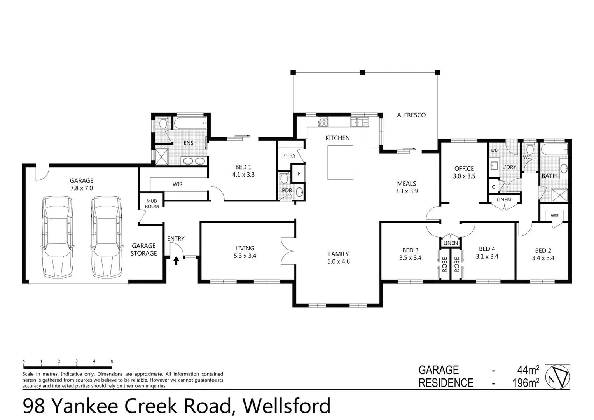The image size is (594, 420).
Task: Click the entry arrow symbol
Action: click(x=176, y=260)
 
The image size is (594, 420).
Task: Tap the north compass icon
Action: click(x=557, y=376)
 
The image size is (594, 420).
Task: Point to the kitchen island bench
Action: click(x=340, y=163)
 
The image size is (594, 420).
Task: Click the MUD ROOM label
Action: click(x=152, y=204)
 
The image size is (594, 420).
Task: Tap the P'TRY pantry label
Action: click(x=289, y=156)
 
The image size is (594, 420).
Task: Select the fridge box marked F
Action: click(x=299, y=173)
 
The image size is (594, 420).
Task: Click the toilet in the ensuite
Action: click(x=163, y=124)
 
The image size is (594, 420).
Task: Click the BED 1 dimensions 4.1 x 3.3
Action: click(x=243, y=175)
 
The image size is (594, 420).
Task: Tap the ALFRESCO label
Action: click(x=411, y=115)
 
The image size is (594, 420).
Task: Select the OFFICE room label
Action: click(x=464, y=168)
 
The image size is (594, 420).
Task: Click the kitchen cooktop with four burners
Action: click(x=323, y=122)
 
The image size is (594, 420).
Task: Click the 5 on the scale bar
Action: click(x=112, y=362)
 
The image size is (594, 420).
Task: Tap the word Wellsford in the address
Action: click(x=287, y=406)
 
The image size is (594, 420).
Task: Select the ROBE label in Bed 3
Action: click(x=444, y=264)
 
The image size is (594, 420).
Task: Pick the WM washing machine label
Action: click(x=494, y=151)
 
